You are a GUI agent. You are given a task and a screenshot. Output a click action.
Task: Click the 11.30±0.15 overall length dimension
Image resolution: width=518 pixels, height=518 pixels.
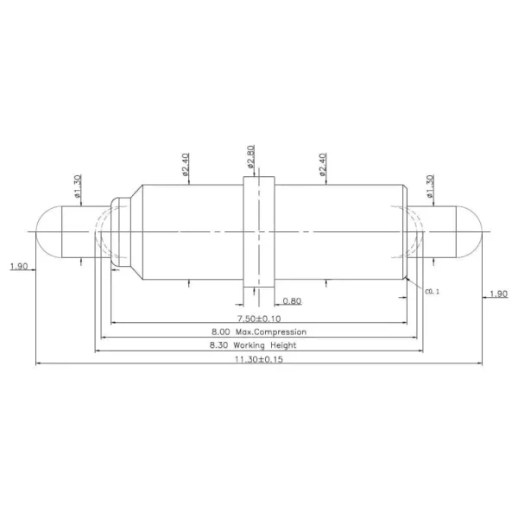[x=259, y=359]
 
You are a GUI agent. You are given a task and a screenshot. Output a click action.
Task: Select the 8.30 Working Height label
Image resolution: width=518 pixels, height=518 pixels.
[x=253, y=345]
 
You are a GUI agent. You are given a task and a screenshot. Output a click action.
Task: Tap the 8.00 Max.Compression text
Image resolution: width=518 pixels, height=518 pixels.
[x=259, y=332]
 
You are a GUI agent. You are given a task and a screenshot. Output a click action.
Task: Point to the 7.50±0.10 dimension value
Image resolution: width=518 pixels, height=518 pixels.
[x=259, y=319]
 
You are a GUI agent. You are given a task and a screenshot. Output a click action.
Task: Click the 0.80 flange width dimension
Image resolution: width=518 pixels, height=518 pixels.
[x=292, y=301]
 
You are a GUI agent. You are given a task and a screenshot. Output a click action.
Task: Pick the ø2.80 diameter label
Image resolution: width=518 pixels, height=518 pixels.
[x=250, y=155]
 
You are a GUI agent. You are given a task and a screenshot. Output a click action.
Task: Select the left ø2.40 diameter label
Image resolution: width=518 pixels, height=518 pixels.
[x=185, y=163]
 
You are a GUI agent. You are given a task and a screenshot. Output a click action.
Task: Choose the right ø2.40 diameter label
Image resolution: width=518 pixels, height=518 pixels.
[x=322, y=164]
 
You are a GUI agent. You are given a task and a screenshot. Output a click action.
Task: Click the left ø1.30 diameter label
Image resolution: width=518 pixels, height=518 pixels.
[x=78, y=186]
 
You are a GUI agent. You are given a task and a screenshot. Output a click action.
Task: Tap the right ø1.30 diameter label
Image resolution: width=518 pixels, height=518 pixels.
[x=430, y=186]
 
